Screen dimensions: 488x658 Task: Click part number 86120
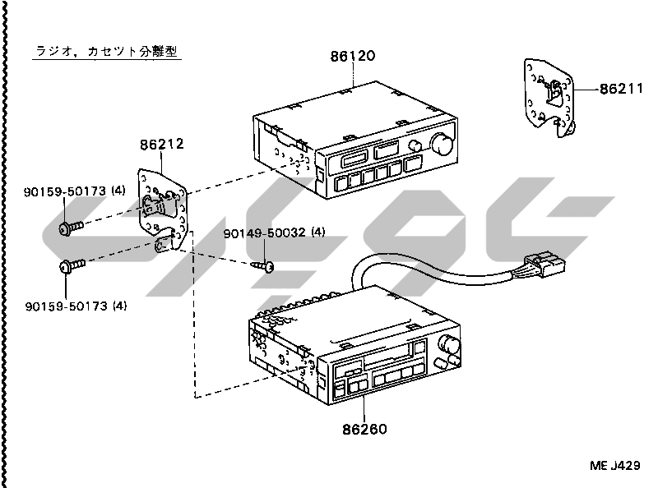coord(352,57)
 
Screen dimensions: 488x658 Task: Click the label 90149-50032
coord(264,233)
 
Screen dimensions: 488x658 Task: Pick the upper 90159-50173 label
coord(62,191)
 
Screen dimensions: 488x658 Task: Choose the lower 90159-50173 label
coord(62,306)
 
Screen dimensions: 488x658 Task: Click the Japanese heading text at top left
coord(107,51)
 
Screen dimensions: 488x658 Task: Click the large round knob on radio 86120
coord(441,145)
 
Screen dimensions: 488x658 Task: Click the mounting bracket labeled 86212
coord(164,209)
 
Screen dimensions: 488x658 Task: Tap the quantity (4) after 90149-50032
coord(317,233)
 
